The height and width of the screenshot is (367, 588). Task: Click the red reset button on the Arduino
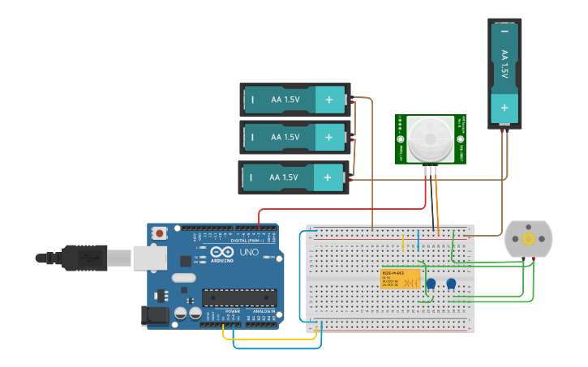coord(160,233)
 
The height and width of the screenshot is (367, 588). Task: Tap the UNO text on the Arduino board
coord(247,252)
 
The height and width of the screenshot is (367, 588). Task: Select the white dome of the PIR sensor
coord(430,137)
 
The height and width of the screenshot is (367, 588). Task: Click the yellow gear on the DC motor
coord(529,239)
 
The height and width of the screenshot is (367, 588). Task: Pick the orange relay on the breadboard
coord(401,278)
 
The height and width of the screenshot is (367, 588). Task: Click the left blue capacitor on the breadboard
coord(431,284)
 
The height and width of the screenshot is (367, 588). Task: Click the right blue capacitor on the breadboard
coord(451,284)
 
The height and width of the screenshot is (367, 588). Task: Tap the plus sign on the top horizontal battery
coord(329,100)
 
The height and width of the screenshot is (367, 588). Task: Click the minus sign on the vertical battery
coord(504,31)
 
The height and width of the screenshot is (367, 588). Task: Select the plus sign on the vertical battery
coord(504,107)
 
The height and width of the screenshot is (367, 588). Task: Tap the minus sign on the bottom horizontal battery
coord(251,177)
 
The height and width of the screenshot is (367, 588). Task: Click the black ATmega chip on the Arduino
coord(239,297)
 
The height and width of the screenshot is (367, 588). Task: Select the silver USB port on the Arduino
coord(150,258)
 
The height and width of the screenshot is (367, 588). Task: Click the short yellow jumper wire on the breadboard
coord(403,243)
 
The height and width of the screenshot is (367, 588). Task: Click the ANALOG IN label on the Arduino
coord(264,310)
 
